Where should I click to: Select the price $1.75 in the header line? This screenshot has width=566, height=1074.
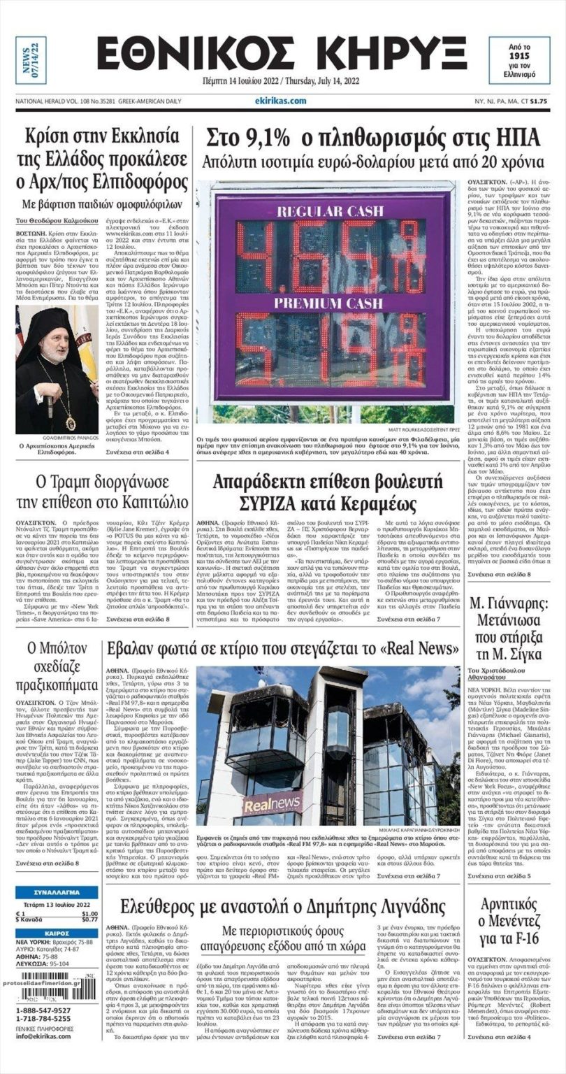538,101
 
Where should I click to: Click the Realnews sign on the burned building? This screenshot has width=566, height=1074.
272,804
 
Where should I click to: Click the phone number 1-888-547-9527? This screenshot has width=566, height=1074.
43,1011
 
